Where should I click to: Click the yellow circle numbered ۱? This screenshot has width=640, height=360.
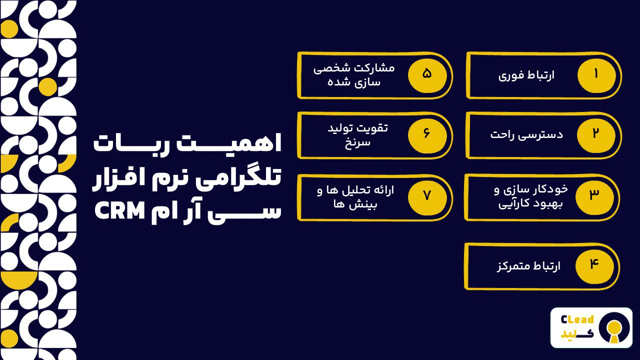click(596, 74)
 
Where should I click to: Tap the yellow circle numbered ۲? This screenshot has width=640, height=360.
click(596, 134)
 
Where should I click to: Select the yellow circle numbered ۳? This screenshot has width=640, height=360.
click(594, 195)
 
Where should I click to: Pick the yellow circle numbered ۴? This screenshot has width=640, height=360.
click(594, 264)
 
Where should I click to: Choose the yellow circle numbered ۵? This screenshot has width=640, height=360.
click(427, 74)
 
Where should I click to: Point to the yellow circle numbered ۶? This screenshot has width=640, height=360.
click(427, 134)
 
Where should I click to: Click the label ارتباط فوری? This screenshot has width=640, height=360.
click(526, 75)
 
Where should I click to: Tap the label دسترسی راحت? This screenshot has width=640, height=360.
click(526, 134)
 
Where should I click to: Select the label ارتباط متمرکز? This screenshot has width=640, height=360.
click(528, 265)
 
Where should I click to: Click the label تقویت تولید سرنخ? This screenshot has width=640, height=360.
click(357, 134)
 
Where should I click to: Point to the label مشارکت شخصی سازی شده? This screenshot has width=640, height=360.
click(354, 74)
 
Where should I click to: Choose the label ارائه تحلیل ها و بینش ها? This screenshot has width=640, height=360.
click(355, 196)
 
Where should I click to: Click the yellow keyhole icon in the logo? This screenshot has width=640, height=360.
click(614, 328)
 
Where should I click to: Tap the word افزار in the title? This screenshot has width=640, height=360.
click(117, 177)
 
